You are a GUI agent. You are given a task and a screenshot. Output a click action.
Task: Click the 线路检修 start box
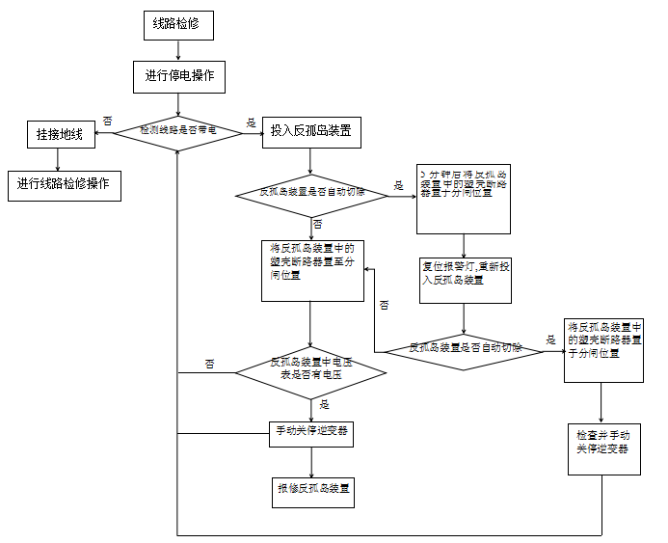tap(178, 25)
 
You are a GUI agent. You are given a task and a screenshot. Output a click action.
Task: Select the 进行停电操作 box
tap(178, 76)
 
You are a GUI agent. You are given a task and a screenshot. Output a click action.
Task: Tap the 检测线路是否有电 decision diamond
tap(178, 130)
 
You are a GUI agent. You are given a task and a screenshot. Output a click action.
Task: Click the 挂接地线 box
tap(60, 134)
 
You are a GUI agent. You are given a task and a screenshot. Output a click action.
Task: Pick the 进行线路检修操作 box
tap(64, 184)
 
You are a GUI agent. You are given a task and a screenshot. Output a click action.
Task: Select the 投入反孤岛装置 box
tap(310, 131)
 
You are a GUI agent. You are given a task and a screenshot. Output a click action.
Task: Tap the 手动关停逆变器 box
tap(310, 434)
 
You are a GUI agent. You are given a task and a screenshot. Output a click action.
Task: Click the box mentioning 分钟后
tap(464, 198)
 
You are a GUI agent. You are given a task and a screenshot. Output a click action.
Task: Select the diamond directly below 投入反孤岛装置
tap(311, 194)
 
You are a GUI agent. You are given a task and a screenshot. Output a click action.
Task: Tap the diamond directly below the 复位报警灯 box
tap(465, 348)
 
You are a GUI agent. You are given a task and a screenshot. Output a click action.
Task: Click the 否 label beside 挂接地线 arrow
tap(107, 122)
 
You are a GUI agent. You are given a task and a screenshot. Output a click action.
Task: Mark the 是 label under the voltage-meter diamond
tap(324, 404)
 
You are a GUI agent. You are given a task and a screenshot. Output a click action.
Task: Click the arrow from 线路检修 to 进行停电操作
tap(178, 49)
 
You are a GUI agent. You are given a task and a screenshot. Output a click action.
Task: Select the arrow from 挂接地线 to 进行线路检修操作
tap(60, 159)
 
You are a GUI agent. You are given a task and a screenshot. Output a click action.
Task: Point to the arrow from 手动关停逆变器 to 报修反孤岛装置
tap(310, 462)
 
